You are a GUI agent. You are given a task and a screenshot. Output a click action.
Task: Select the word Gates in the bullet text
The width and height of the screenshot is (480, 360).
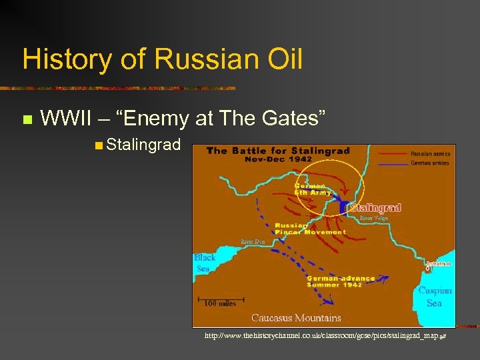click(x=292, y=119)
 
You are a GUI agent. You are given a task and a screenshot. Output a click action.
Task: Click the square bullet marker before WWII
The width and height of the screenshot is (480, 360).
click(x=27, y=120)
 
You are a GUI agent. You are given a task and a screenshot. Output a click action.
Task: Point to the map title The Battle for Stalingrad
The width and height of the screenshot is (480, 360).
click(x=278, y=151)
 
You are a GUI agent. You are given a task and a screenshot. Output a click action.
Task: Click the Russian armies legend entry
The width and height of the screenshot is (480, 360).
click(x=431, y=154)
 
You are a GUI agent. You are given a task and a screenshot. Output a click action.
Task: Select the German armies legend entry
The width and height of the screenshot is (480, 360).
click(x=431, y=162)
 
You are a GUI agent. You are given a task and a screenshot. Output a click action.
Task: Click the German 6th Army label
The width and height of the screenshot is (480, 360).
click(x=312, y=189)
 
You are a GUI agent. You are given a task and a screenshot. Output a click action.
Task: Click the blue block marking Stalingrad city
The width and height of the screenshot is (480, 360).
click(x=344, y=207)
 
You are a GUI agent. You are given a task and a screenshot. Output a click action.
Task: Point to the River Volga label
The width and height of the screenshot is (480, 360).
click(x=375, y=217)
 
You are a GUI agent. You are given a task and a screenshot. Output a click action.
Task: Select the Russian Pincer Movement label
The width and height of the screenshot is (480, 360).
click(x=311, y=229)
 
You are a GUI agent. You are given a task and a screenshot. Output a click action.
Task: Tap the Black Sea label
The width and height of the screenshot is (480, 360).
click(x=205, y=263)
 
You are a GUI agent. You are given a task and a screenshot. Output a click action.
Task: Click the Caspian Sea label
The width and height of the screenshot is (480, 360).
click(x=434, y=297)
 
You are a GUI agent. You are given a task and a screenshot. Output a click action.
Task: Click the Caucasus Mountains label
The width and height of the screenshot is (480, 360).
click(x=296, y=317)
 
